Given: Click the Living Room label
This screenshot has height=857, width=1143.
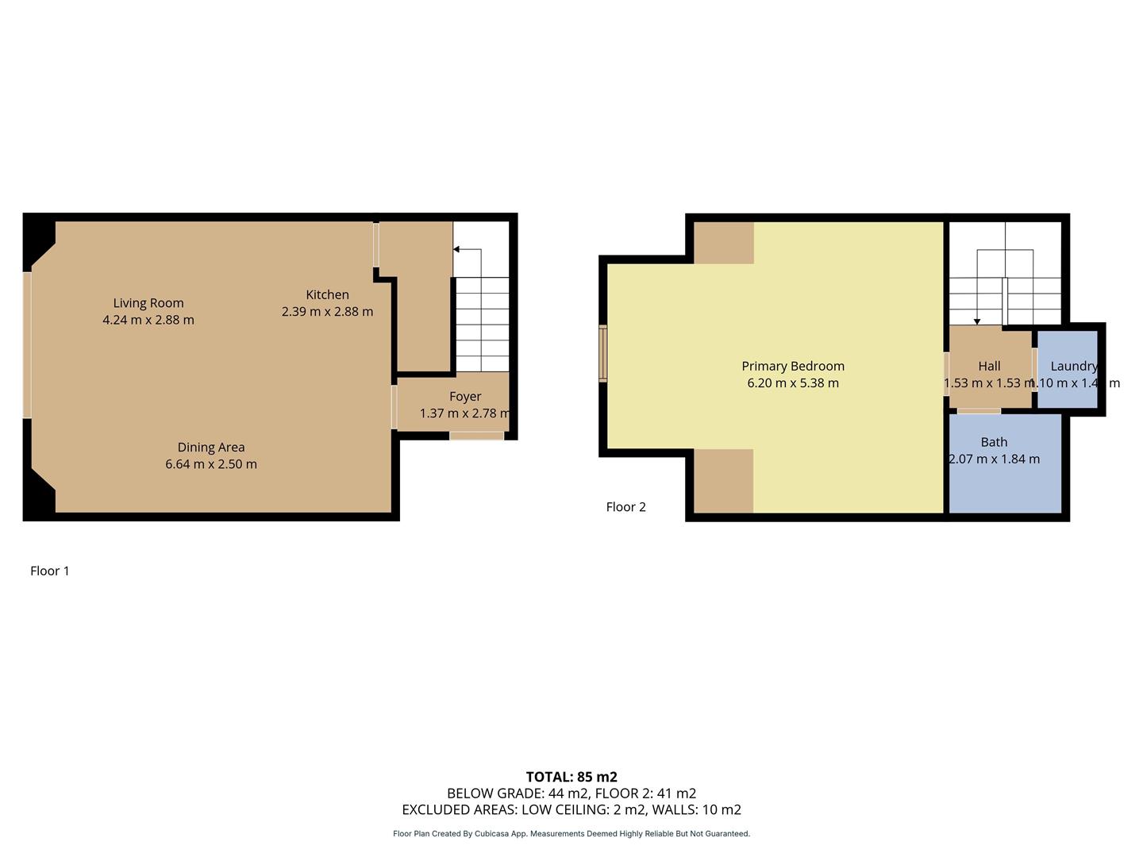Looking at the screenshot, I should tap(148, 303).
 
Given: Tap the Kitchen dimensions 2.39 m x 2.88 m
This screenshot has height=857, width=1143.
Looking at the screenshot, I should tap(327, 312).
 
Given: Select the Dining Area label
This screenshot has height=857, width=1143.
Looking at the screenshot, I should tap(210, 448).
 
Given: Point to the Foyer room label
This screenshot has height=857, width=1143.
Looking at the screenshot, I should tap(465, 397).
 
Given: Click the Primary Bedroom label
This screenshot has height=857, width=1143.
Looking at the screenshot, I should tap(792, 366).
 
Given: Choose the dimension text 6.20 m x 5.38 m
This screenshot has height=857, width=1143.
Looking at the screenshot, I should tap(792, 383).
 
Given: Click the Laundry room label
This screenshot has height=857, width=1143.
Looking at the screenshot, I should tap(1073, 366).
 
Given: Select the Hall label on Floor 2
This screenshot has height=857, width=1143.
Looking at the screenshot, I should tap(989, 366).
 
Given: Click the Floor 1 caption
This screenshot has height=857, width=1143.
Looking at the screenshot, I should tap(50, 571).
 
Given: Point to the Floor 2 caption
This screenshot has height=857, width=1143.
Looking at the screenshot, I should tap(625, 507).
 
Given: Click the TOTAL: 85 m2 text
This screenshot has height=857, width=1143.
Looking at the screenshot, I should tap(571, 777).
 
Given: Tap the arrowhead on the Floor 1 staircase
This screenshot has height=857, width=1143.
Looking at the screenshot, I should tap(456, 249).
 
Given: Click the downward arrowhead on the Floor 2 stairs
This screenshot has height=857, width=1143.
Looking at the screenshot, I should tap(977, 321).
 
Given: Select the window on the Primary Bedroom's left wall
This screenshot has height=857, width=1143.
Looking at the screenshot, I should tap(603, 353).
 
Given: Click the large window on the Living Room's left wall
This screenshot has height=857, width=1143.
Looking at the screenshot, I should tap(27, 344).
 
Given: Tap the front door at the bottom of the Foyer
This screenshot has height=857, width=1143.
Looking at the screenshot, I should tap(476, 436).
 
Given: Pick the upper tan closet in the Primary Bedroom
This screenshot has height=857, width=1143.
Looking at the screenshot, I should tap(723, 243).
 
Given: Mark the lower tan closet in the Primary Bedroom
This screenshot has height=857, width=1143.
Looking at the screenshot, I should tap(723, 481).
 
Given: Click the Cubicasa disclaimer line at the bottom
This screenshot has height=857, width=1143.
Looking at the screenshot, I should tap(571, 834).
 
